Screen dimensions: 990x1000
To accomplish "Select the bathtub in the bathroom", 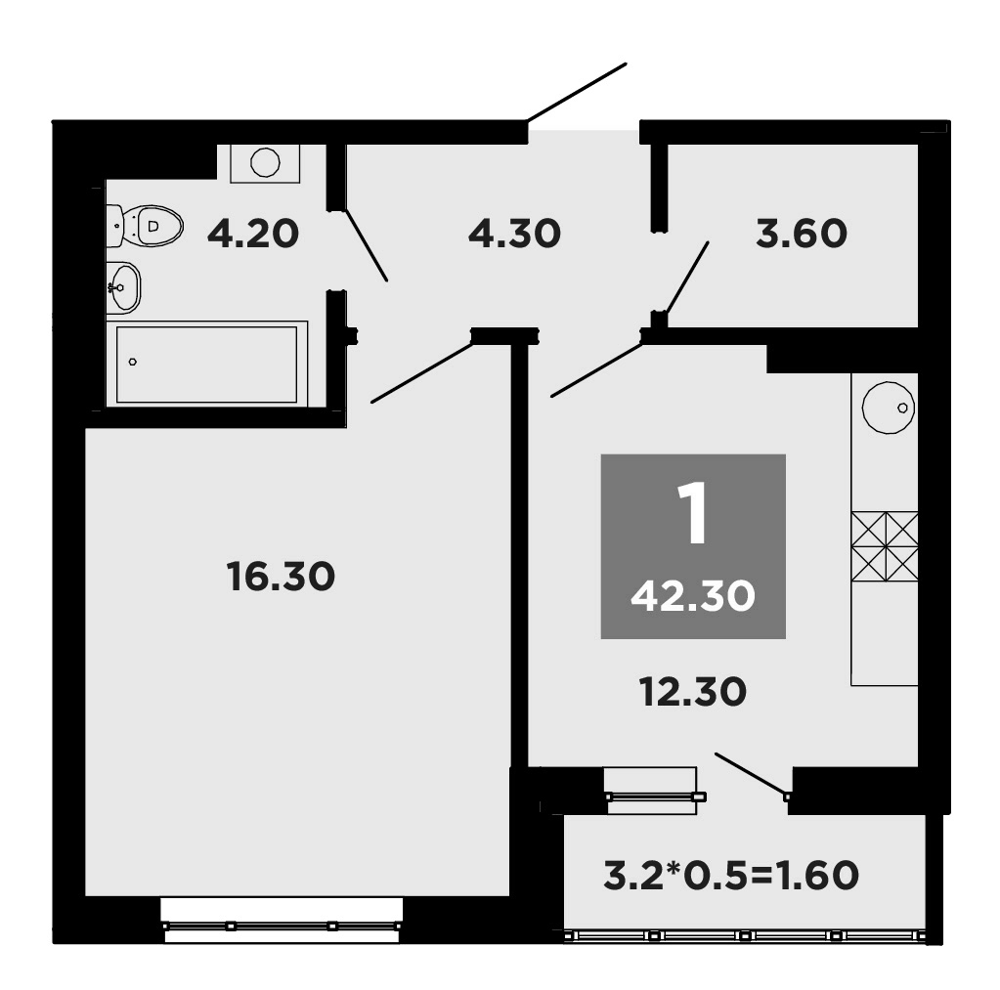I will coord(206,364).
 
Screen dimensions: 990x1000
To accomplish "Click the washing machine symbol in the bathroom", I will coord(265,162).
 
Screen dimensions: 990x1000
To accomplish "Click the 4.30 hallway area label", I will coord(514,234).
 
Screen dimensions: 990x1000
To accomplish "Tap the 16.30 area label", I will coord(281,576).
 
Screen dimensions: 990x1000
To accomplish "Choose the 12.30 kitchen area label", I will coord(693,692).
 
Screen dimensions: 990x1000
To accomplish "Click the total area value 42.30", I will coord(693,595).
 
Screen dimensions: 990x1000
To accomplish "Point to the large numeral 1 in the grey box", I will coord(693,515).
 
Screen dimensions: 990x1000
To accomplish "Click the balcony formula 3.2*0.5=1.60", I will coord(730,875).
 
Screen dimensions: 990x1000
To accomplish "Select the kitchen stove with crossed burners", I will coord(885,545).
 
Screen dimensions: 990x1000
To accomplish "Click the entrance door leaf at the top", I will coord(577,93).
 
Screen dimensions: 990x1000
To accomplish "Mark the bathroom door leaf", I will coord(366,244).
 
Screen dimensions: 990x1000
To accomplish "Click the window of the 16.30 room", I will coord(282,925).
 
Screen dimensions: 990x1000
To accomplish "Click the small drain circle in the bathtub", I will coord(133,362).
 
